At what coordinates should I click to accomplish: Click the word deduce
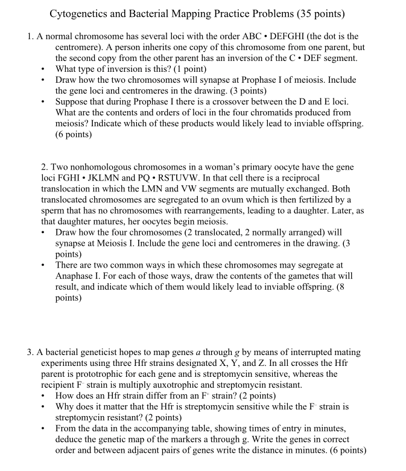coord(69,439)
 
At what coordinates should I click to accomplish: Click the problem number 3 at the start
coord(30,352)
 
